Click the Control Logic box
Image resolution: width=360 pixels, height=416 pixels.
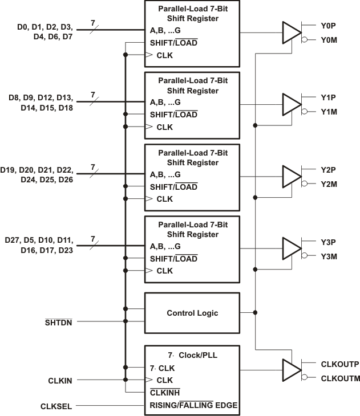point(192,313)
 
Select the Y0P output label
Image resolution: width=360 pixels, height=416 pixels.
point(329,25)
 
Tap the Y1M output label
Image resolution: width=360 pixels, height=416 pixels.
point(329,112)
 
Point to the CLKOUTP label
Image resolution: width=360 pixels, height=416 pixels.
point(339,364)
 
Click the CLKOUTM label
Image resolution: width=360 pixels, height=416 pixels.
point(340,378)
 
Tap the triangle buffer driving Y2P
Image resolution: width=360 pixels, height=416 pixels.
point(291,176)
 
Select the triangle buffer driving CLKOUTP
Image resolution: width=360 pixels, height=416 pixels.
point(291,370)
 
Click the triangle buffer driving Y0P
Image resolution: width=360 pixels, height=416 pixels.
point(291,32)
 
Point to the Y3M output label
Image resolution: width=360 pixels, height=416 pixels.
point(329,256)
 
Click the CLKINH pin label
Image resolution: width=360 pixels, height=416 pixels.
point(165,393)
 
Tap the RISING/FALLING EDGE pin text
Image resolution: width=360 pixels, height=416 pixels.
point(193,405)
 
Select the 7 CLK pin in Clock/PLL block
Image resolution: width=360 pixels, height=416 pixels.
point(161,368)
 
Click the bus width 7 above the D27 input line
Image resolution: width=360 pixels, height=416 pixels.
point(92,239)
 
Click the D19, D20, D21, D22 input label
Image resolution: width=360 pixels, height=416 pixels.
point(37,170)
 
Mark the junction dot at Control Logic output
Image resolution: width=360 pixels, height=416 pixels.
point(256,312)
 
